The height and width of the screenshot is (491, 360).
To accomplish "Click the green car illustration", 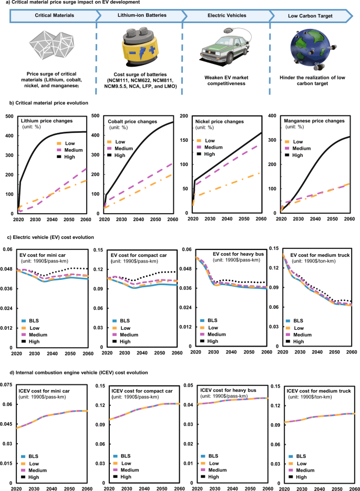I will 223,48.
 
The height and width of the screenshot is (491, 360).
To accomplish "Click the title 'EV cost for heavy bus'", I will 240,254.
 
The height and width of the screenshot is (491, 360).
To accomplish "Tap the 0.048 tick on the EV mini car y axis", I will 7,269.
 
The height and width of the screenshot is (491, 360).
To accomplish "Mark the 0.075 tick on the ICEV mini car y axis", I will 7,385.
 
